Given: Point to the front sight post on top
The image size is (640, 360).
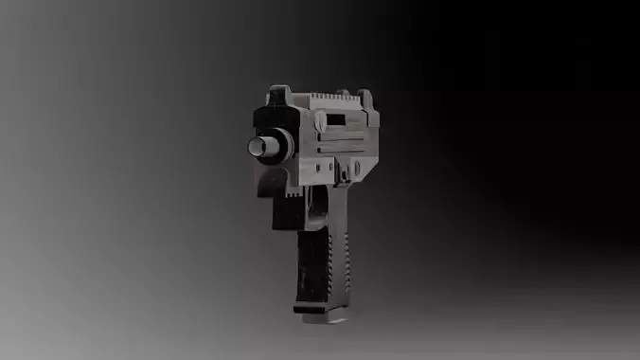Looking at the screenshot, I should click(x=279, y=95).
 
